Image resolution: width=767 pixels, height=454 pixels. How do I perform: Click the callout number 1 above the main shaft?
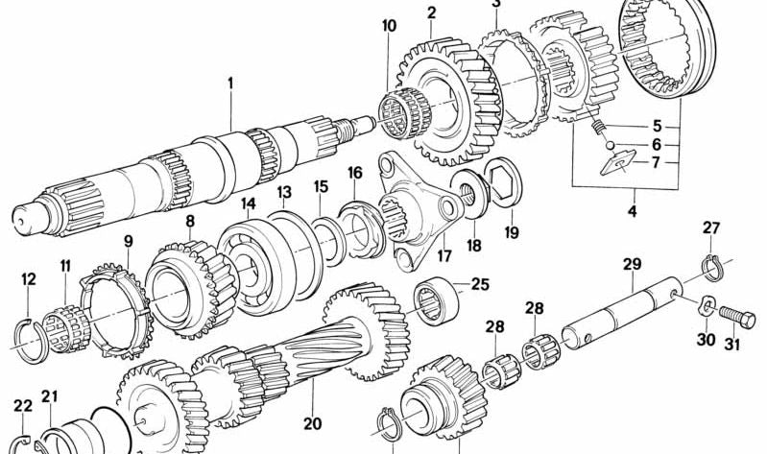tap(230, 84)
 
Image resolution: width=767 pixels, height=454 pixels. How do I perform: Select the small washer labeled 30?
tap(704, 308)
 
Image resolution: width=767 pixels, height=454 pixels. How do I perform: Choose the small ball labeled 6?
tap(611, 144)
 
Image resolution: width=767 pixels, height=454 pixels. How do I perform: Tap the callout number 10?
tap(388, 25)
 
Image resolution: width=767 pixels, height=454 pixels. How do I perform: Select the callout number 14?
tap(248, 203)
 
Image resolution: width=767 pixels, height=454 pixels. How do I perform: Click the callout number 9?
tap(128, 241)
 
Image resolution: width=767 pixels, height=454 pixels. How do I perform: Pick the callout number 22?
tap(21, 406)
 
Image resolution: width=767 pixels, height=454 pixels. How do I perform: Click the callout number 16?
tap(355, 173)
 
